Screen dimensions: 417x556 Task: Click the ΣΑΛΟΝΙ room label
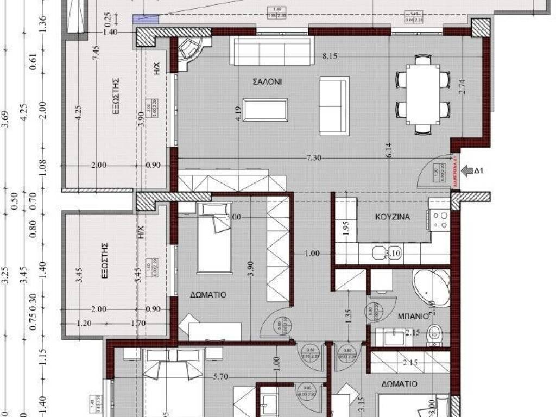pos(267,82)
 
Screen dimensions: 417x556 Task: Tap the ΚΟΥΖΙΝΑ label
pos(392,217)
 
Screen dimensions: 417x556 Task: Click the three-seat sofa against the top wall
pos(273,50)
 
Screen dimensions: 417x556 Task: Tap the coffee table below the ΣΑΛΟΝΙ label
pos(266,110)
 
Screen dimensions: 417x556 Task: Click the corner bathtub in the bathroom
pos(432,285)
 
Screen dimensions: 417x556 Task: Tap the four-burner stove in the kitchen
pos(440,219)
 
